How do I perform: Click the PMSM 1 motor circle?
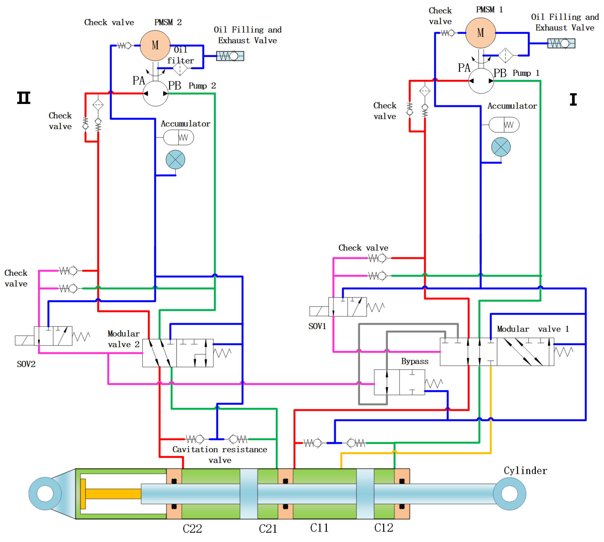tap(480, 33)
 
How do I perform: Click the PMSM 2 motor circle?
tap(155, 46)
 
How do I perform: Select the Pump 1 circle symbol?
tap(481, 81)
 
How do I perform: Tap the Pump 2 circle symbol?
tap(155, 93)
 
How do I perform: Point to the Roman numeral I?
tap(573, 99)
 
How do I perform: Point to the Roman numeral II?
tap(24, 98)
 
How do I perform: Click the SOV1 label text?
tap(317, 326)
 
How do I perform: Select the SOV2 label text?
tap(26, 364)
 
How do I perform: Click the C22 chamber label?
tap(192, 529)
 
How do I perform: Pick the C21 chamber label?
tap(268, 529)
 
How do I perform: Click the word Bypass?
tap(415, 362)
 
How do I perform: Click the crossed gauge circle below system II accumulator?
tap(176, 160)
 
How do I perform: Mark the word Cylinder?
tap(525, 471)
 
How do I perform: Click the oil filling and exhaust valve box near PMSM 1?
tap(561, 43)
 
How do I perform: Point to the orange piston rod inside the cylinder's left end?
tap(110, 494)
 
